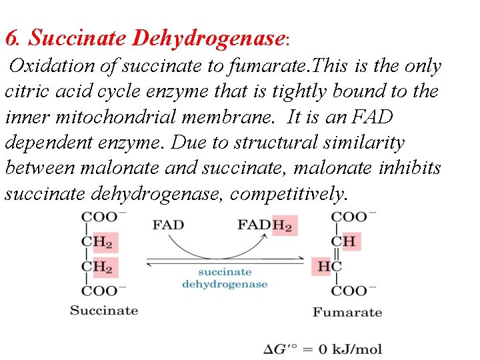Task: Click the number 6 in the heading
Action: pyautogui.click(x=9, y=39)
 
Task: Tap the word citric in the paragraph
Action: pyautogui.click(x=27, y=91)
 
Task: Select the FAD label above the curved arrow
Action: pyautogui.click(x=168, y=225)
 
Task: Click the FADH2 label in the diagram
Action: pyautogui.click(x=265, y=225)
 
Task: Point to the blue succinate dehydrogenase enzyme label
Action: pyautogui.click(x=225, y=278)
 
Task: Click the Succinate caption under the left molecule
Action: pyautogui.click(x=104, y=311)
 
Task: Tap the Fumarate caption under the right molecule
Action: pyautogui.click(x=347, y=312)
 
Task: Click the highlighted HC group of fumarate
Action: pyautogui.click(x=329, y=267)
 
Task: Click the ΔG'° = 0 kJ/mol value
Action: pyautogui.click(x=323, y=349)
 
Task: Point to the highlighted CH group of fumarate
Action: pyautogui.click(x=346, y=241)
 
